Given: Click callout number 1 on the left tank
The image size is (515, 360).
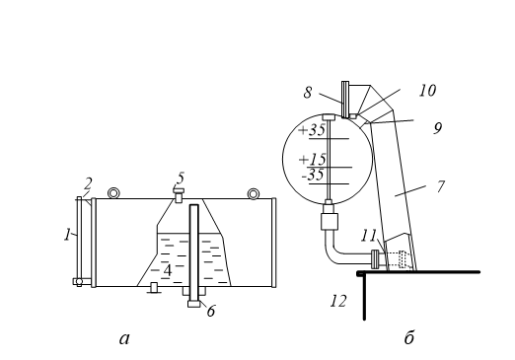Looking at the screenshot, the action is (67, 235).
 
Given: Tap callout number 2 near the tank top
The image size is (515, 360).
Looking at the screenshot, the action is (88, 183).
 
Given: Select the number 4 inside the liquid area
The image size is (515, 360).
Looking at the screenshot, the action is (168, 270).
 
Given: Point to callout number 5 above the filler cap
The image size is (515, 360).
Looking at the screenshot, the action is (181, 178).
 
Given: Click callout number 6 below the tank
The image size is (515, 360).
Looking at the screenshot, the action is (211, 311).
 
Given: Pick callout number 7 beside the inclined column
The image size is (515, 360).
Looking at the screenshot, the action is (441, 186).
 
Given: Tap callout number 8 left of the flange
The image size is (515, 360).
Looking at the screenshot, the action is (308, 93).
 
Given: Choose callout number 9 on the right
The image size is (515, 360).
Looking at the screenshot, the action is (437, 128).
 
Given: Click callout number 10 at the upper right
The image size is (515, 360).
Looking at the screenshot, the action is (427, 91).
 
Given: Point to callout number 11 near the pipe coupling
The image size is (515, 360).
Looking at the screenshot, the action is (368, 236).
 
